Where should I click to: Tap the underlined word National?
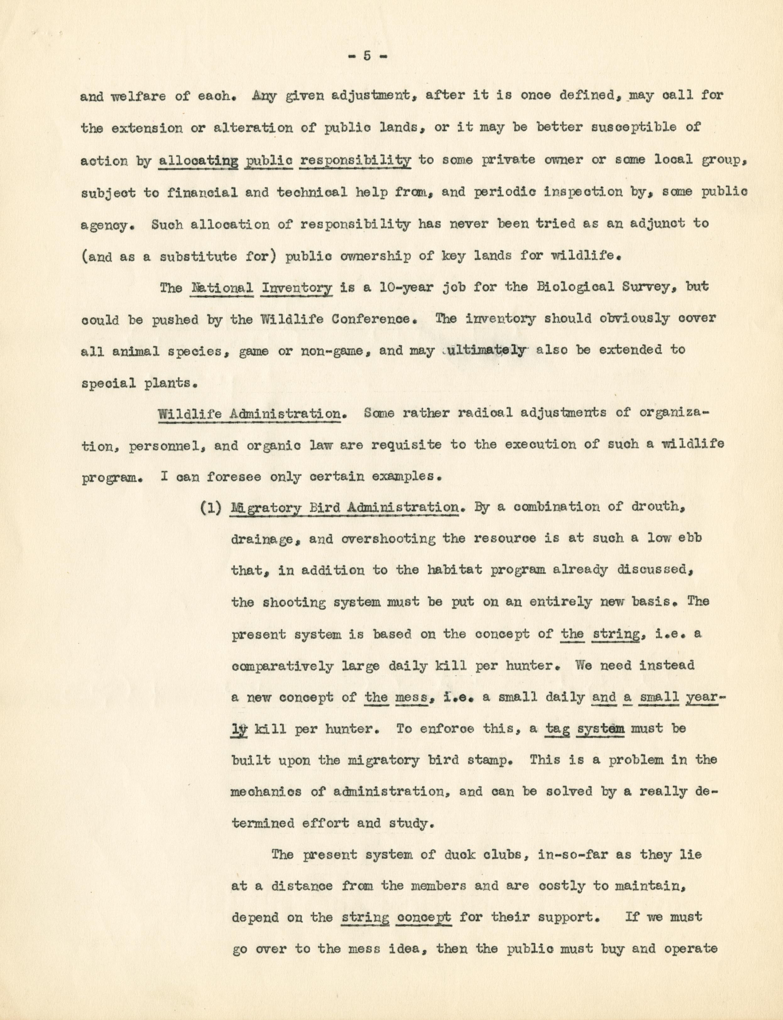tap(222, 288)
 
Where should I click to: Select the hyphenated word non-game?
tap(330, 350)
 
